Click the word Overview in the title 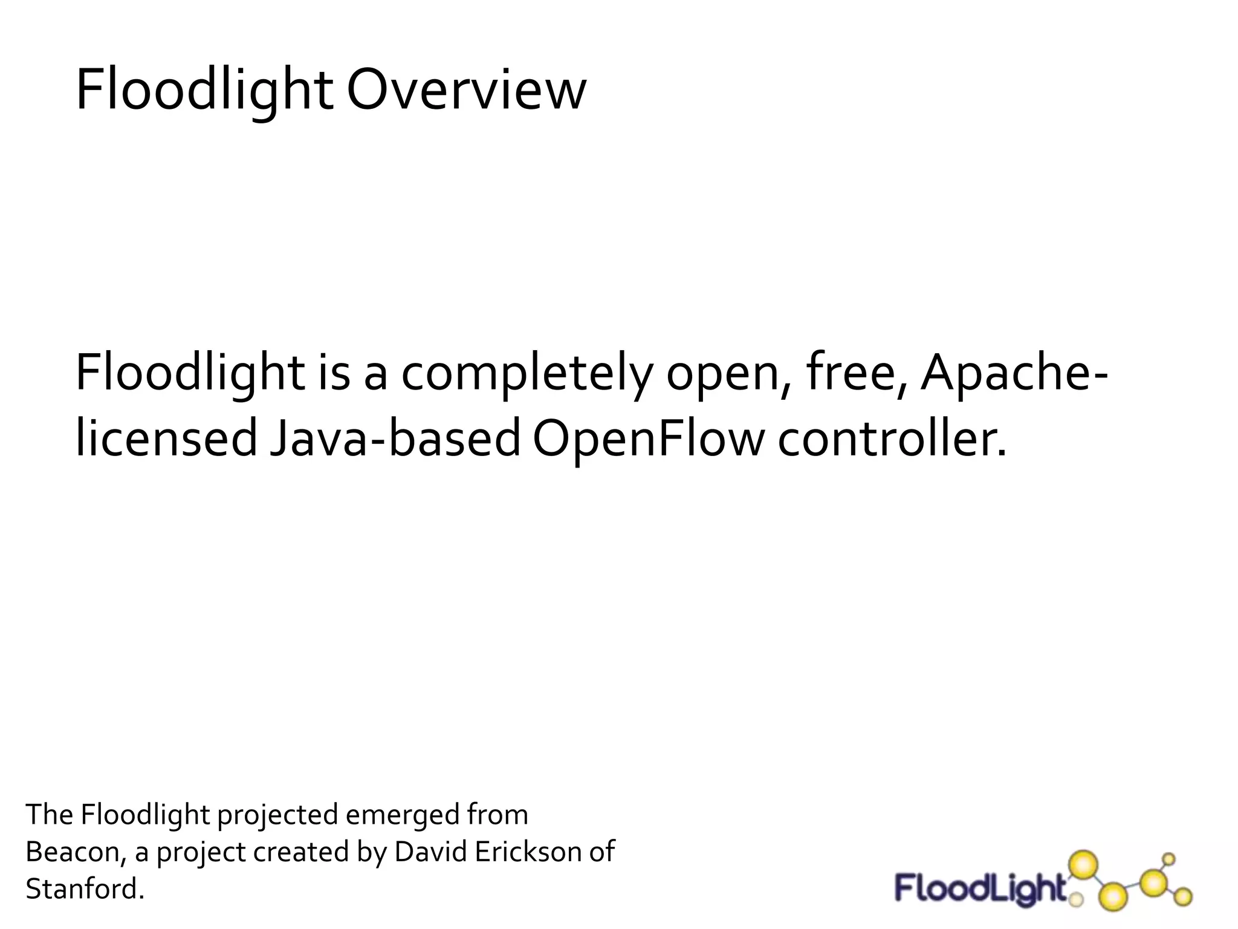(466, 91)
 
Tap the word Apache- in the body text (1014, 373)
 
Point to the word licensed (166, 438)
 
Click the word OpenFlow (649, 438)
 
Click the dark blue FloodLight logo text (979, 889)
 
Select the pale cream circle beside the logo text (1076, 901)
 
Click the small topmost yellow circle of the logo (1169, 859)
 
